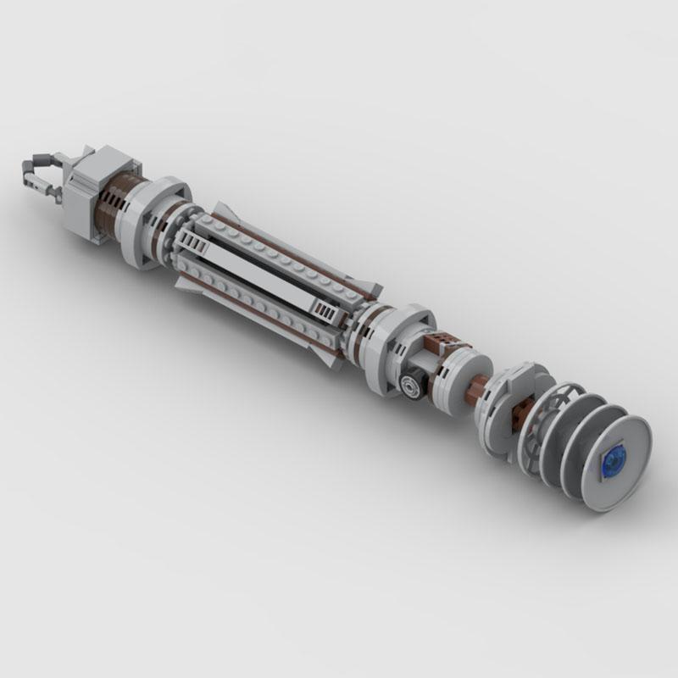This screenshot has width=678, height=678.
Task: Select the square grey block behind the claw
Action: pos(92,192)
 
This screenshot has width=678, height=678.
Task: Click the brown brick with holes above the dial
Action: pos(442,344)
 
